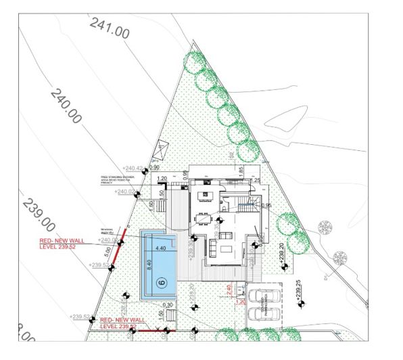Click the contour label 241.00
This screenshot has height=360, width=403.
[109, 28]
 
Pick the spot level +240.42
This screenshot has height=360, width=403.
[133, 168]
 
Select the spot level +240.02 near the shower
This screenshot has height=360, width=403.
[126, 192]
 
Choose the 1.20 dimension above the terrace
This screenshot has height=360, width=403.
[162, 180]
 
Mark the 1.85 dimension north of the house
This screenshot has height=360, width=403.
[241, 172]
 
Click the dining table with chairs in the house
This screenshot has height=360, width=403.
[203, 219]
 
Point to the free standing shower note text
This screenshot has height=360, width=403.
[118, 179]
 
